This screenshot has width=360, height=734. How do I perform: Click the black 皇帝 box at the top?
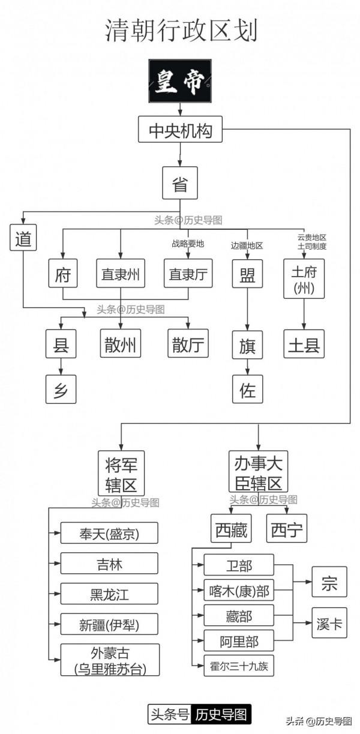pyautogui.click(x=180, y=80)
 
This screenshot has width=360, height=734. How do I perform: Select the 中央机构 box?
pyautogui.click(x=180, y=129)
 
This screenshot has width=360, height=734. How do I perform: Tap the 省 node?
pyautogui.click(x=180, y=183)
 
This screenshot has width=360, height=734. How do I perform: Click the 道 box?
pyautogui.click(x=23, y=238)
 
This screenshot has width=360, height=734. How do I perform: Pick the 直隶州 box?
pyautogui.click(x=121, y=274)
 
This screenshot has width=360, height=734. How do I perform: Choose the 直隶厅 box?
pyautogui.click(x=188, y=274)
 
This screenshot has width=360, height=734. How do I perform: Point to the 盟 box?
pyautogui.click(x=247, y=274)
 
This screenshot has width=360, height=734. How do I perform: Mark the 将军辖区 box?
pyautogui.click(x=121, y=472)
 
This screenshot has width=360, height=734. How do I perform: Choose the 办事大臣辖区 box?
pyautogui.click(x=259, y=472)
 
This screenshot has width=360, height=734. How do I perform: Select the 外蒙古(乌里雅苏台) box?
pyautogui.click(x=110, y=659)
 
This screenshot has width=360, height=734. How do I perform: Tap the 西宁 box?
pyautogui.click(x=286, y=529)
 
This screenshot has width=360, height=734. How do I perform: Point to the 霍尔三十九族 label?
pyautogui.click(x=238, y=665)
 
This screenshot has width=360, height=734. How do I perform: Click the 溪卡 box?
pyautogui.click(x=329, y=625)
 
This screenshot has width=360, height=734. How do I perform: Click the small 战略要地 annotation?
pyautogui.click(x=188, y=244)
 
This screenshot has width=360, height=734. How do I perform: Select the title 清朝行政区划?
pyautogui.click(x=180, y=30)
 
